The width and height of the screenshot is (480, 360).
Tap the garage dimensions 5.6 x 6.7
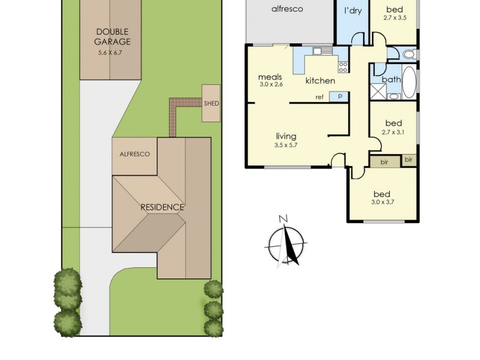pos(112,52)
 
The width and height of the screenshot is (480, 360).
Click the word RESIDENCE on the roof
pos(162,207)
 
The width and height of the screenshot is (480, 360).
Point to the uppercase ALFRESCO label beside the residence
pos(134,154)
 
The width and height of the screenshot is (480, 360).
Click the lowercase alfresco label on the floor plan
pos(287,9)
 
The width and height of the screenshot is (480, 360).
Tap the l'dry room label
pos(352,11)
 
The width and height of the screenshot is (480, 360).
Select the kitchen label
pos(320,81)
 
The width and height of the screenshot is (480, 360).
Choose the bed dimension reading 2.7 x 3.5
pos(394,18)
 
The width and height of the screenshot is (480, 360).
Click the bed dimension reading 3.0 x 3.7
pos(382,203)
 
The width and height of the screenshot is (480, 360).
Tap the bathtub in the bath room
pos(409,83)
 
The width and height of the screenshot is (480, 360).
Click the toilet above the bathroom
pos(409,55)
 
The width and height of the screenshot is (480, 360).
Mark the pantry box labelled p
pos(339,96)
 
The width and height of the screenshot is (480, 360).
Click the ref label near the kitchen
pos(320,97)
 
